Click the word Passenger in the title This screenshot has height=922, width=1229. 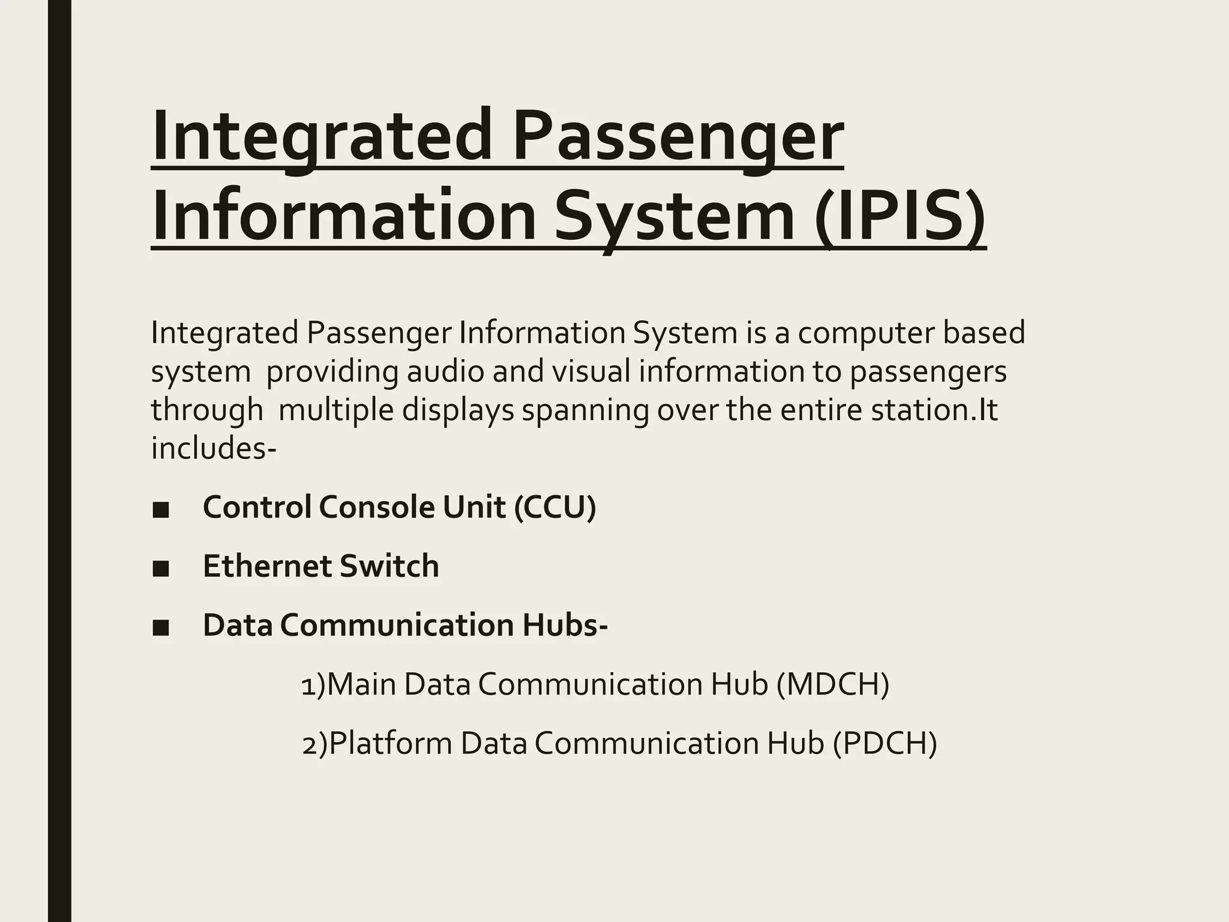(678, 138)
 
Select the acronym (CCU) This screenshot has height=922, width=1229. (555, 507)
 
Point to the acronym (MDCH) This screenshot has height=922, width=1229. (832, 684)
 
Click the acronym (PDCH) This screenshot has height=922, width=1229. (885, 743)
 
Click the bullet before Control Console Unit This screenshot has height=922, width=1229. (160, 510)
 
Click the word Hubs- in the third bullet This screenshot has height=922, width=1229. (565, 625)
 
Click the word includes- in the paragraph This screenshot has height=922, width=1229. (214, 448)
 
